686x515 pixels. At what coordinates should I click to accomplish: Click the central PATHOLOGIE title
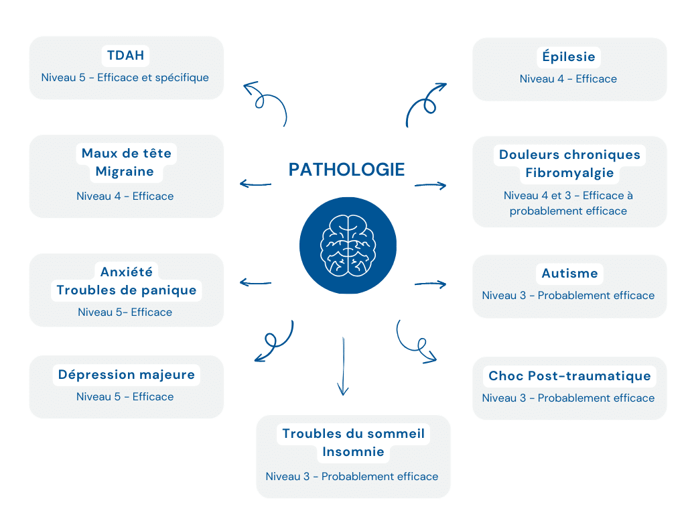346,170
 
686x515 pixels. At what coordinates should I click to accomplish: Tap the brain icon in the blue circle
347,245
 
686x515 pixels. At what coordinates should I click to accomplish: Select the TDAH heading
125,55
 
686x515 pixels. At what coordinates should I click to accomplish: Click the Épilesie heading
569,56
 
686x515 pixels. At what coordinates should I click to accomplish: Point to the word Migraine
125,172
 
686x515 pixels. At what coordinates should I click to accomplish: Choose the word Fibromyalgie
569,173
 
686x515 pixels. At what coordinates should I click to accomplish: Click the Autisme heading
569,274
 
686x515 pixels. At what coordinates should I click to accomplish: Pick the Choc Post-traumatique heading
569,376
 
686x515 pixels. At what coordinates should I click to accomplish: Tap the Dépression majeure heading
126,374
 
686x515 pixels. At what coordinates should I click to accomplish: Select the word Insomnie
353,452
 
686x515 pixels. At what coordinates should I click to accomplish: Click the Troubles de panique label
126,290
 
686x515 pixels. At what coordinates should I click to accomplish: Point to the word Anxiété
126,272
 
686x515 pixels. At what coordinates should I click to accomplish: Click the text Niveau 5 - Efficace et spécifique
125,78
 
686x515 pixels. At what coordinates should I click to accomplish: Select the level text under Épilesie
568,79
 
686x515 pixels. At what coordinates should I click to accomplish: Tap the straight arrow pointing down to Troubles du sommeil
343,366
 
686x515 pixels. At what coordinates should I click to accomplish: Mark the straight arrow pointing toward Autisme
430,284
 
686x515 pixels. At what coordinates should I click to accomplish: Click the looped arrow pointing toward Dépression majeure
274,342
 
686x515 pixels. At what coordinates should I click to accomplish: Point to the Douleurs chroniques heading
569,155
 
